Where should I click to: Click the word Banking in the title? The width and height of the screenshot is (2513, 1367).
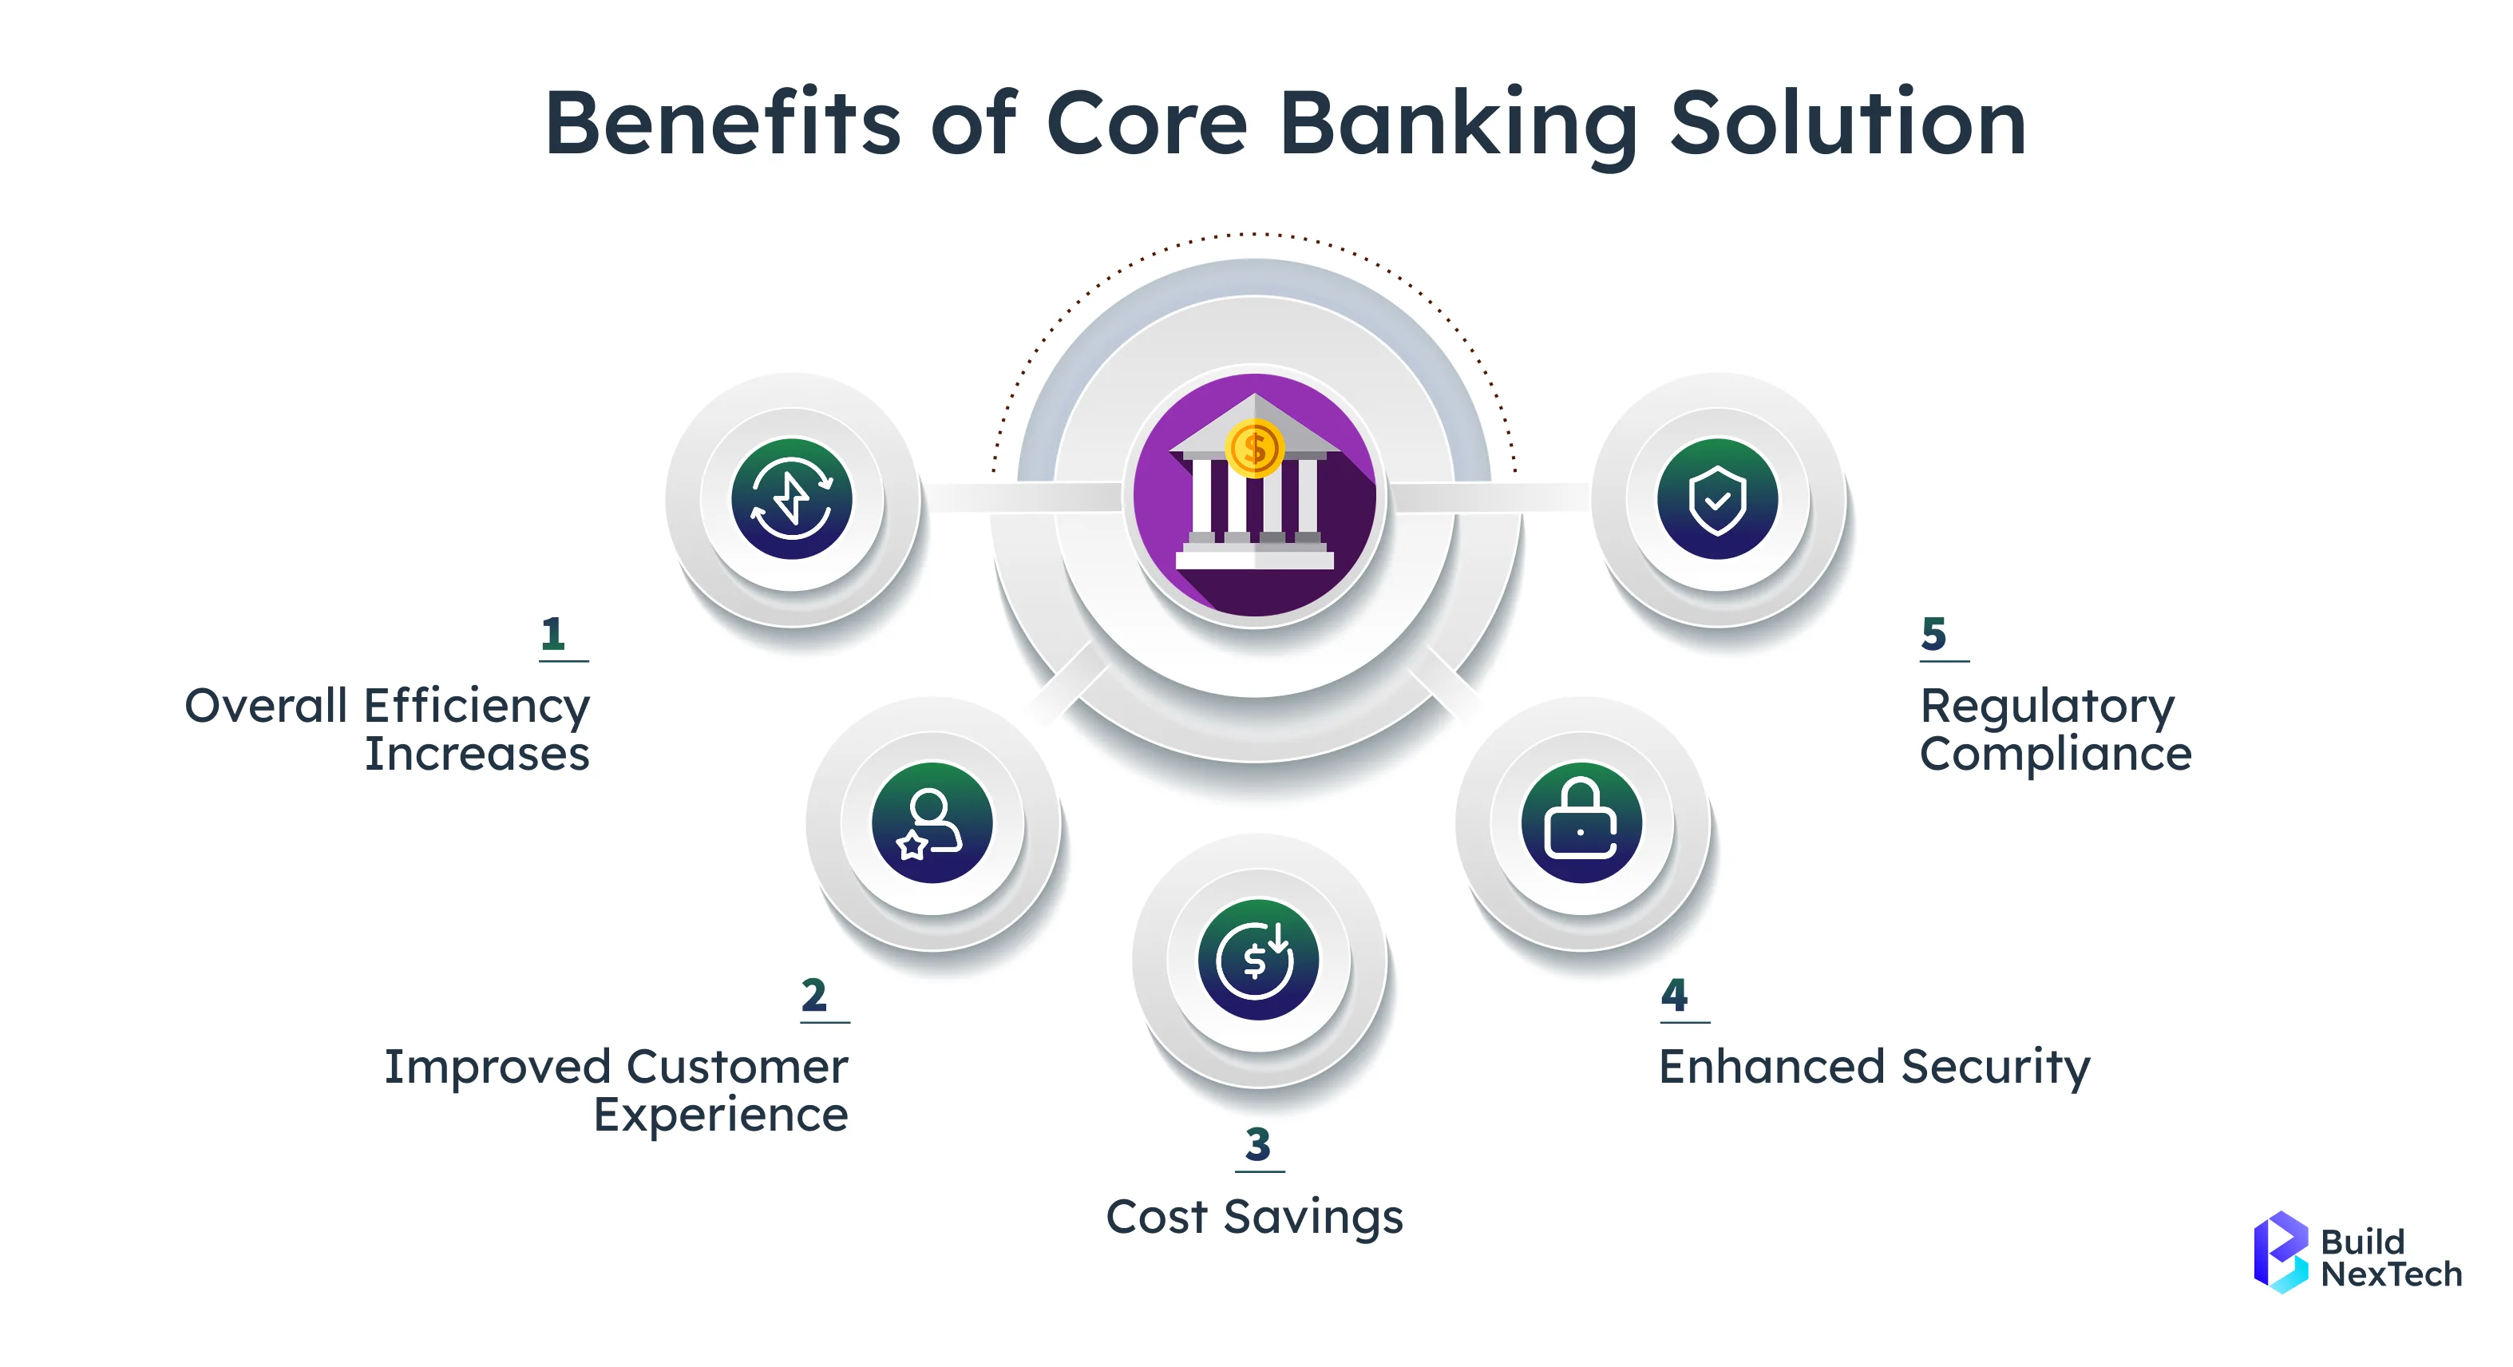(x=1458, y=124)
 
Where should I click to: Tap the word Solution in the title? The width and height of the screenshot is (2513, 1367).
(x=1848, y=124)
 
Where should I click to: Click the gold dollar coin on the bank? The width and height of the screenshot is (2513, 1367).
(x=1255, y=449)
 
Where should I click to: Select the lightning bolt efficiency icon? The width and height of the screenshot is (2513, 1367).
(x=791, y=498)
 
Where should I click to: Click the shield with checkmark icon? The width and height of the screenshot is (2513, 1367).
(x=1717, y=498)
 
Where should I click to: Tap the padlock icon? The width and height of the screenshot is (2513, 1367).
(x=1581, y=822)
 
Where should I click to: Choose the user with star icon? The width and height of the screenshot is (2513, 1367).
(x=932, y=822)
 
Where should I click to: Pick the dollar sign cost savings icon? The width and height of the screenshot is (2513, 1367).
(x=1257, y=959)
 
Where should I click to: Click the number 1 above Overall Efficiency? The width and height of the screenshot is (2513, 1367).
(x=553, y=634)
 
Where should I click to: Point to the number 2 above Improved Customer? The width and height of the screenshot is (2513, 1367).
(x=813, y=995)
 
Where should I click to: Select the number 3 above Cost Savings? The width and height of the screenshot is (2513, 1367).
(x=1257, y=1144)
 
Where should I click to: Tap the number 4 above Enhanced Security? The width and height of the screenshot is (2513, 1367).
(x=1674, y=995)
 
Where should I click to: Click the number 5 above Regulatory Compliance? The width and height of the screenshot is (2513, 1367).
(x=1933, y=634)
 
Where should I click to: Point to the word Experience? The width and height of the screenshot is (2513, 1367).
(x=720, y=1115)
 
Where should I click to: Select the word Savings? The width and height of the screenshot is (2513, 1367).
(x=1313, y=1218)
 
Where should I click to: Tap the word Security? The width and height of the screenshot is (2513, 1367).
(x=1996, y=1067)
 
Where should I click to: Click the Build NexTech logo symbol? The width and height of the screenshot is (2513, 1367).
(x=2280, y=1252)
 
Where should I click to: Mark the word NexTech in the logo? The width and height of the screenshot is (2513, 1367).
(x=2391, y=1274)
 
